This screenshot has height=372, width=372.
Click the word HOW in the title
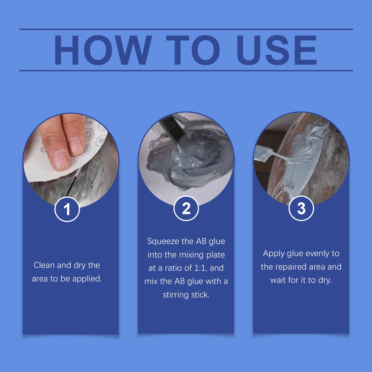[103, 50]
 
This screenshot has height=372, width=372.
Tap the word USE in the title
[276, 50]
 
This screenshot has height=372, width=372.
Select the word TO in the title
[193, 50]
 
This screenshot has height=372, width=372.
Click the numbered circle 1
[67, 209]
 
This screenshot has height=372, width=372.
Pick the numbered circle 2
[186, 208]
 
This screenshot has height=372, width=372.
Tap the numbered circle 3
[301, 208]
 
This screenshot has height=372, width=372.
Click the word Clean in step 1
[44, 265]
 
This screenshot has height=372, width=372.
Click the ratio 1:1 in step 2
[201, 268]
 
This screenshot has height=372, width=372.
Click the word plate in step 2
[215, 255]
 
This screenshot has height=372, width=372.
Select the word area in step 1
[40, 279]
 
